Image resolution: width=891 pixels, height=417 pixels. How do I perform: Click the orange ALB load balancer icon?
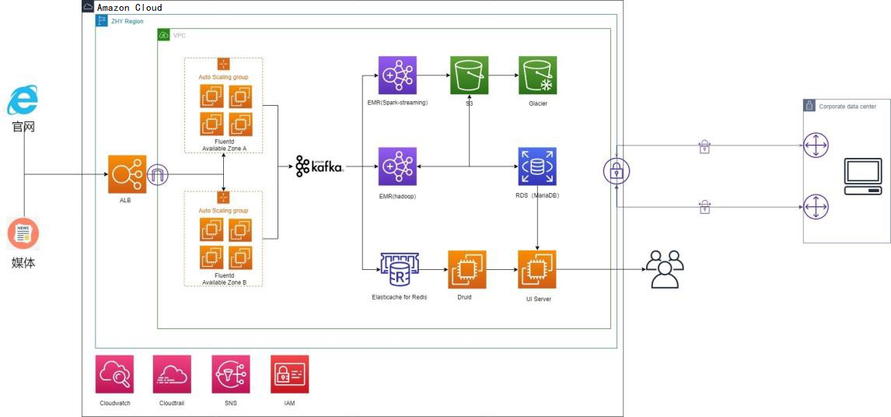click(x=126, y=174)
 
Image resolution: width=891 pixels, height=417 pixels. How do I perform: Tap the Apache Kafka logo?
click(x=320, y=166)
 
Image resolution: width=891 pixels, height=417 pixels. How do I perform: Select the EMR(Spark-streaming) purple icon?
click(x=397, y=75)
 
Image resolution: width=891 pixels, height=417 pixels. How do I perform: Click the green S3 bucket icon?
click(x=470, y=75)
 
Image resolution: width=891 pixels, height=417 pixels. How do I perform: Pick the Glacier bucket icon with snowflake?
click(x=537, y=75)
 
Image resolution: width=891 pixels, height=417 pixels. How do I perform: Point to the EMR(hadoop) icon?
click(x=397, y=166)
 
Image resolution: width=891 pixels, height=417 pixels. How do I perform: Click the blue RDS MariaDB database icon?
click(x=537, y=166)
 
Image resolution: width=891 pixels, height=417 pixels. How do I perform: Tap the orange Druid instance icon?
click(x=467, y=269)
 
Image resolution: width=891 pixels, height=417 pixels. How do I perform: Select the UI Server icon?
click(x=537, y=269)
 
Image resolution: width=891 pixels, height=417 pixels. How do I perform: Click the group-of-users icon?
click(x=665, y=269)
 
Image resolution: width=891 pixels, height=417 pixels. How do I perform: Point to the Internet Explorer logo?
click(x=23, y=100)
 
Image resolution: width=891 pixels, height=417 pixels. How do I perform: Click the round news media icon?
click(x=23, y=235)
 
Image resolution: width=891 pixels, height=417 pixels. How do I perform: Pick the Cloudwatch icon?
click(x=115, y=374)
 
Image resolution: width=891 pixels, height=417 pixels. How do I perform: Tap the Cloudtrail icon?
click(x=172, y=374)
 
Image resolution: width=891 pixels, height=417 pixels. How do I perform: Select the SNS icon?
click(x=231, y=374)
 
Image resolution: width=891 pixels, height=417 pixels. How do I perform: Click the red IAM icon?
click(x=290, y=374)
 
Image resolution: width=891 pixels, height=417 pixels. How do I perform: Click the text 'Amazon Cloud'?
click(x=130, y=8)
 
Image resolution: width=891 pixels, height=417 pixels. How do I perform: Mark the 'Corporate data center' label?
click(x=847, y=107)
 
